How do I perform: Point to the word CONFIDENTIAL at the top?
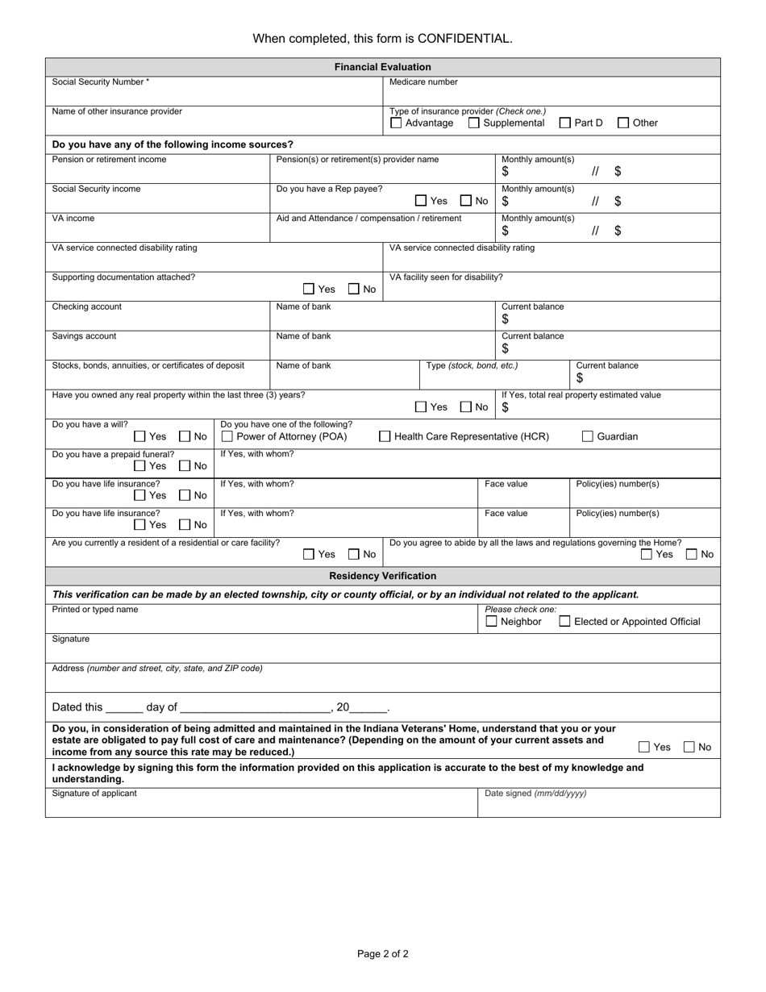463,38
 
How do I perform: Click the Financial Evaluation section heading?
382,67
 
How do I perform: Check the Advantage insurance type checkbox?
396,123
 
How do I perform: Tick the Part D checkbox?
565,123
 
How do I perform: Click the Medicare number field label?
423,82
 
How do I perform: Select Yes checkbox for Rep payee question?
421,201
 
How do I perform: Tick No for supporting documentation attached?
354,289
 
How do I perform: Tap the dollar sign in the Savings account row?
506,348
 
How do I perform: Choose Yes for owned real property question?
421,407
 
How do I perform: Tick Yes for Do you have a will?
139,436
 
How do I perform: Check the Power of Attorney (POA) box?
227,436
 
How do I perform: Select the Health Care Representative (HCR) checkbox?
385,436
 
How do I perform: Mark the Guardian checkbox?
588,436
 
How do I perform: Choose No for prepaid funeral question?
185,465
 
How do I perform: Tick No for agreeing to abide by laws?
691,554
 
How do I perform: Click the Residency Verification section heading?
382,576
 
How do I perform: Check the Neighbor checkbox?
491,621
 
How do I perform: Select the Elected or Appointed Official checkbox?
565,621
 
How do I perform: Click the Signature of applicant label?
94,794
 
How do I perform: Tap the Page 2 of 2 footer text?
382,954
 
